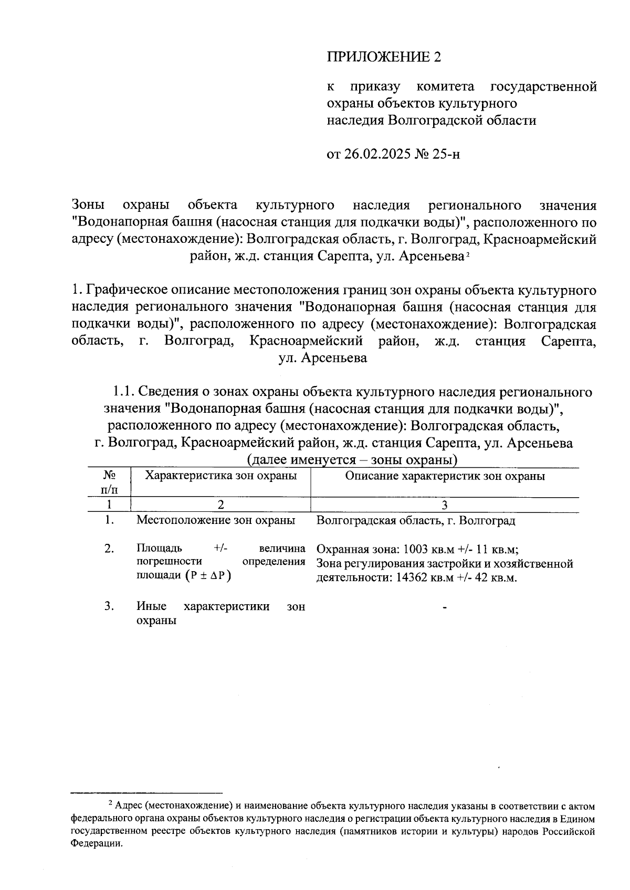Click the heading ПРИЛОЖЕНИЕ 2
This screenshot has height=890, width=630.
(x=384, y=57)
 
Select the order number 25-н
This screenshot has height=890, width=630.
(x=446, y=154)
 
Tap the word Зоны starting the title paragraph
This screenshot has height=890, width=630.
(x=88, y=205)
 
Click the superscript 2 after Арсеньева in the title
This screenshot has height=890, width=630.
(x=467, y=255)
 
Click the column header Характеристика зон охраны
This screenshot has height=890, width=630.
(x=220, y=476)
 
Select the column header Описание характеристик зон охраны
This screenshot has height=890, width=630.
(x=445, y=476)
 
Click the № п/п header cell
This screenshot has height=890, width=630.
(x=109, y=482)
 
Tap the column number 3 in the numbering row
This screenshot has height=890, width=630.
(x=444, y=505)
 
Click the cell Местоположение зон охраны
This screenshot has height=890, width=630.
(x=215, y=520)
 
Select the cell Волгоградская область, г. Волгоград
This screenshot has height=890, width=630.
(x=416, y=520)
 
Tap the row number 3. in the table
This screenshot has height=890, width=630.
(x=109, y=607)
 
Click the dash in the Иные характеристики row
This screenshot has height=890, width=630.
(x=445, y=607)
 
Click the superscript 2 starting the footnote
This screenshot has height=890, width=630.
(x=110, y=803)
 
